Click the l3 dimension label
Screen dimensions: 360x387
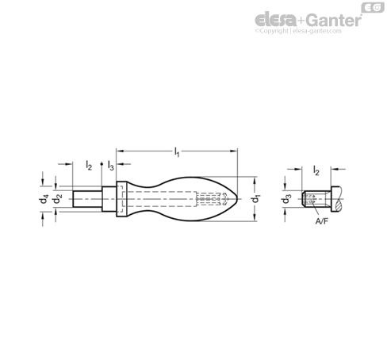click(110, 167)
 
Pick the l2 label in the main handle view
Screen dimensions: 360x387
click(89, 167)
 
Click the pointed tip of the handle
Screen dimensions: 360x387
click(237, 198)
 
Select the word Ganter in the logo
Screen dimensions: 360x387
click(331, 20)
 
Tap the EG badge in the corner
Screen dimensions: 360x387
click(369, 8)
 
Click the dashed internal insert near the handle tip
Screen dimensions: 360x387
click(208, 198)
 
